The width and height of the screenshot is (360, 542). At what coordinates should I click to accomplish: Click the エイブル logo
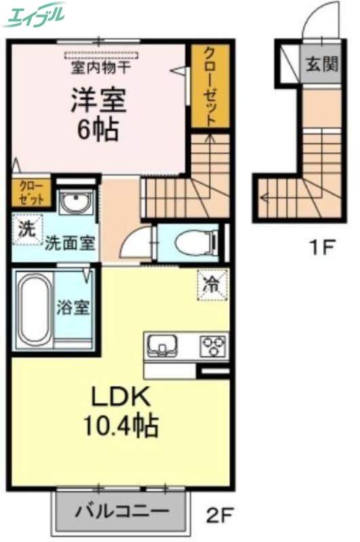pyautogui.click(x=34, y=15)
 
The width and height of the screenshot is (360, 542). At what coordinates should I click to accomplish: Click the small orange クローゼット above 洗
pyautogui.click(x=31, y=192)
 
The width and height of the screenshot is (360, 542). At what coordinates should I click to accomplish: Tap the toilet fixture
pyautogui.click(x=192, y=242)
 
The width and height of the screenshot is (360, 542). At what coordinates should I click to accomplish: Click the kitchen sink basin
pyautogui.click(x=162, y=346)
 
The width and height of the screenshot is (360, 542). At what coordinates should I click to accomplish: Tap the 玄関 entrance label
pyautogui.click(x=321, y=64)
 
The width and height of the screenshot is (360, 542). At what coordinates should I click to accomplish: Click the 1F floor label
pyautogui.click(x=322, y=247)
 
